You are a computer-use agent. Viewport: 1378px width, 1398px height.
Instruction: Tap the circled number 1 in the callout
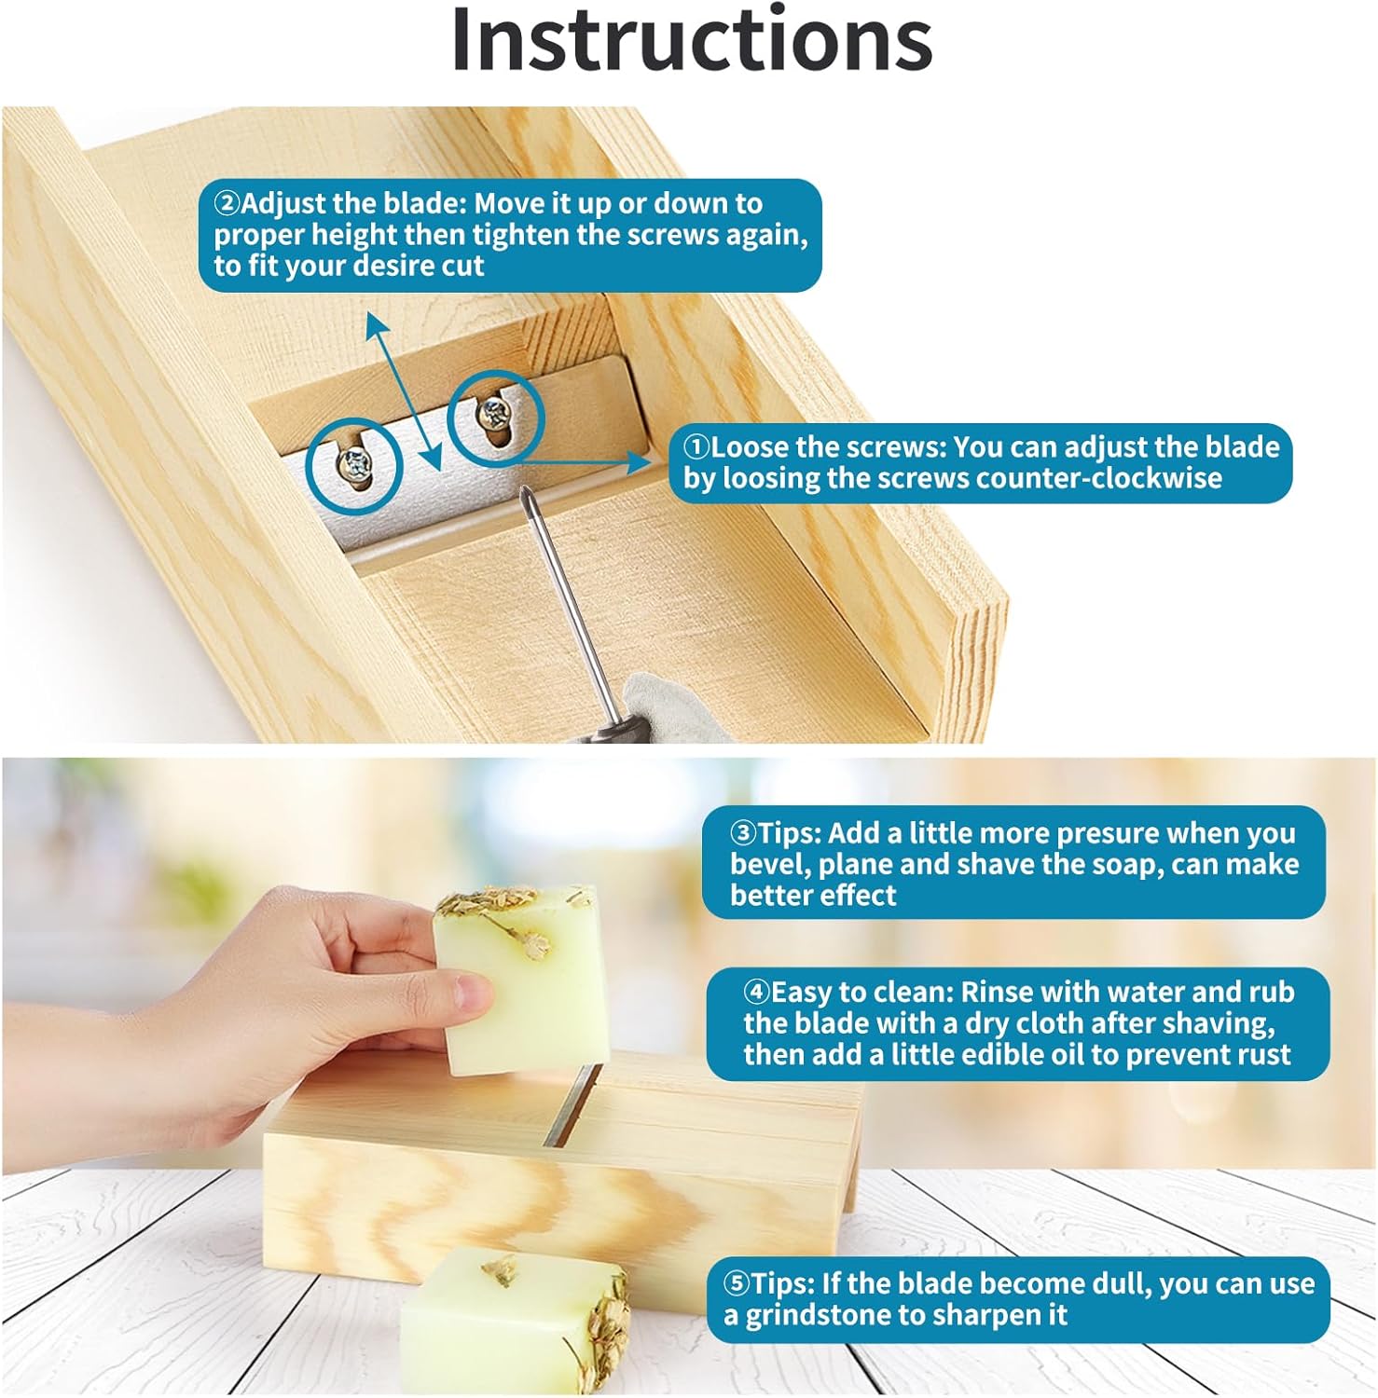(x=696, y=446)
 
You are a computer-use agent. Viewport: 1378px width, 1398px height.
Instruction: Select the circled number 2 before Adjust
(x=227, y=203)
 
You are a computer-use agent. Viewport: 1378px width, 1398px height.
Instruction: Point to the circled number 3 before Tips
(x=743, y=832)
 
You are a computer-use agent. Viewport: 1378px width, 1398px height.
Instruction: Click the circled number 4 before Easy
(x=756, y=991)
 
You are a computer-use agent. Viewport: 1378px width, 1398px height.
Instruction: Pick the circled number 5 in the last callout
(x=737, y=1283)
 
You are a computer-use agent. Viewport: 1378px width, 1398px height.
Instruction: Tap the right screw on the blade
(x=491, y=411)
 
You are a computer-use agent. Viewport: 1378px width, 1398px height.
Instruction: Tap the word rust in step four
(x=1261, y=1055)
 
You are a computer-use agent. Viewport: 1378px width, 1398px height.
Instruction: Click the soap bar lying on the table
(x=515, y=1323)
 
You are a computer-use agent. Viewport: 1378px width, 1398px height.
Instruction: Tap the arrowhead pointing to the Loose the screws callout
(x=640, y=461)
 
